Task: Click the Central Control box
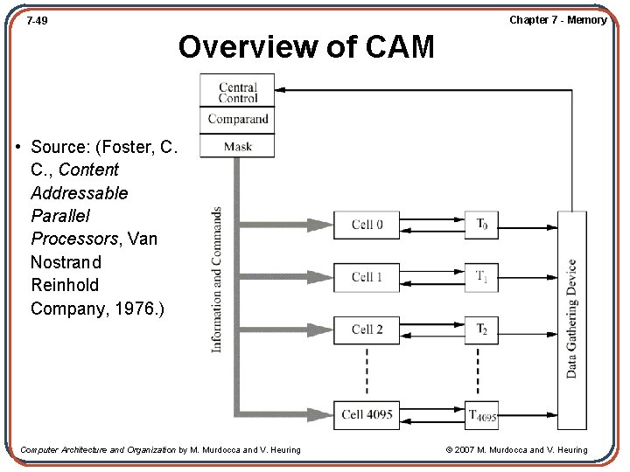(x=237, y=92)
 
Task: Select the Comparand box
(x=237, y=120)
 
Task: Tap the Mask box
(x=237, y=146)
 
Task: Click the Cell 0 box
(x=367, y=225)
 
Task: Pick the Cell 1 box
(x=367, y=277)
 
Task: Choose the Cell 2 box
(x=367, y=330)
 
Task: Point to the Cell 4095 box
(x=367, y=414)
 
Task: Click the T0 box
(x=481, y=225)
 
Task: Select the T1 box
(x=481, y=277)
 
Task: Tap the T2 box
(x=481, y=330)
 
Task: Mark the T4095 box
(x=481, y=415)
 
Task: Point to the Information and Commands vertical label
(x=216, y=280)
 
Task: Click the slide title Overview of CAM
(x=306, y=46)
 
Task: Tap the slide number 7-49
(x=37, y=19)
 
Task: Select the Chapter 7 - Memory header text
(x=557, y=19)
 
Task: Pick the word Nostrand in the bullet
(x=66, y=262)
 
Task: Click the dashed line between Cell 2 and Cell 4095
(x=367, y=371)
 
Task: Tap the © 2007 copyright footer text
(x=516, y=450)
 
